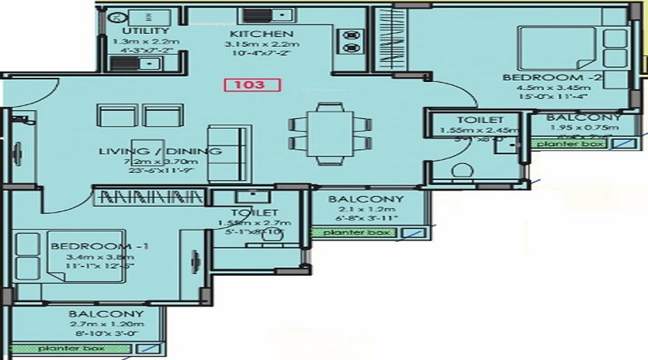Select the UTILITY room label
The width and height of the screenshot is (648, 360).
[145, 31]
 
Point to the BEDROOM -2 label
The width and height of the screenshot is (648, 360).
[533, 77]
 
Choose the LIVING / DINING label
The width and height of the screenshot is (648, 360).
[160, 151]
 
